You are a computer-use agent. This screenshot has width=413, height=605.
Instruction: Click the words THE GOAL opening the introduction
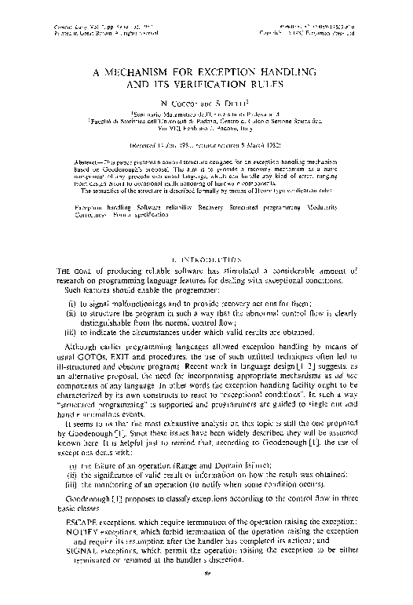click(65, 271)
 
